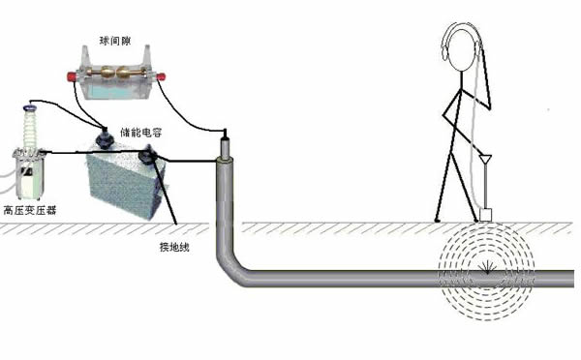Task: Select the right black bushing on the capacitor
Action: (148, 155)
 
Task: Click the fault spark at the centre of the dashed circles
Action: (484, 272)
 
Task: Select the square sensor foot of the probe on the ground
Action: (486, 215)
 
